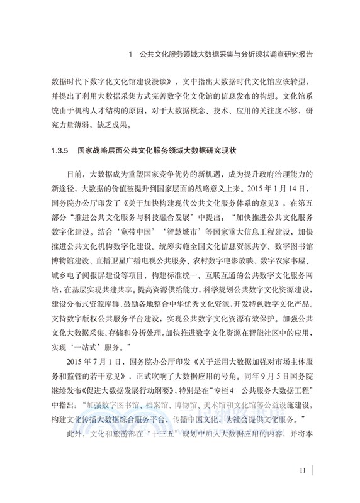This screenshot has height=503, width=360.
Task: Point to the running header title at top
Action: click(x=225, y=55)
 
